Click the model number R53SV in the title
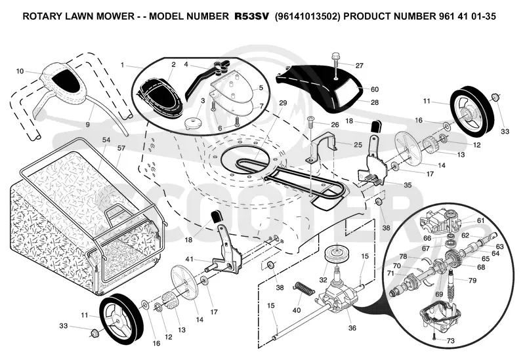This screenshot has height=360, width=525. point(251,16)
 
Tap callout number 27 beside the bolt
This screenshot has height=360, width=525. point(359,66)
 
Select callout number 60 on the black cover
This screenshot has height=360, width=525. point(375,89)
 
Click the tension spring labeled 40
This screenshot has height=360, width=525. point(304,289)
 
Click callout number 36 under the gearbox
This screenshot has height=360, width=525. point(352,328)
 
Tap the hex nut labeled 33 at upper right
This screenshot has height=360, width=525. point(495,97)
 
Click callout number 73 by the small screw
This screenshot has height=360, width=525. point(450,340)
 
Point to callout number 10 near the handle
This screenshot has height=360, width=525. point(20,71)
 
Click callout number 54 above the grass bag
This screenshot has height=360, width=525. point(106,140)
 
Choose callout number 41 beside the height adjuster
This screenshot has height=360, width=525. point(190,258)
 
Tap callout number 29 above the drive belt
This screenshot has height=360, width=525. point(283,103)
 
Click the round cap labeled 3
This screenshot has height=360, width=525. point(193,122)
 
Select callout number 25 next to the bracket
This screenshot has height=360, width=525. point(358,144)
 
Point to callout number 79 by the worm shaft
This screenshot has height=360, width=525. point(472,281)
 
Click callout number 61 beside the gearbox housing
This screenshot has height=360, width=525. point(481,220)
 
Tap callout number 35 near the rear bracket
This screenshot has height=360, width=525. point(408,185)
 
